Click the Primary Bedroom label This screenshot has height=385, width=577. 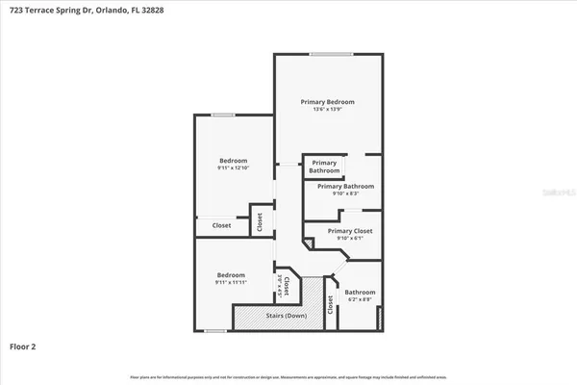coord(327,102)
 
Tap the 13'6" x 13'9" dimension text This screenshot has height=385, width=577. coord(327,110)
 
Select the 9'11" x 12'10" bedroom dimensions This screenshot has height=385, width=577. coord(233,168)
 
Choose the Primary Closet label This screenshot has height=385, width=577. coord(349,231)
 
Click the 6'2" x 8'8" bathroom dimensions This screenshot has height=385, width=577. coord(360,300)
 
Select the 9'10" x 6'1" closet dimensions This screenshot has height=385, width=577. coord(349,239)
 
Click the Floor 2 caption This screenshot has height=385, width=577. coord(24,346)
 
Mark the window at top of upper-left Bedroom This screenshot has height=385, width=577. coord(223,115)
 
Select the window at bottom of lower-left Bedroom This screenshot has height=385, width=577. coord(215,332)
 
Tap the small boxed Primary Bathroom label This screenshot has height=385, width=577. coord(324,167)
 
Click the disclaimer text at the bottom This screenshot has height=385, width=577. coord(288,376)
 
